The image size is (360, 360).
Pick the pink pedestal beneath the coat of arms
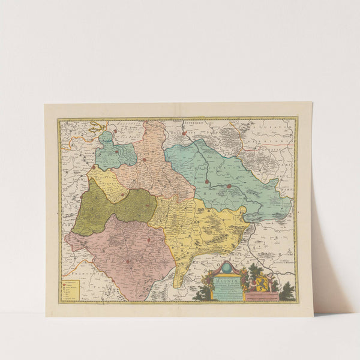coord(262,295)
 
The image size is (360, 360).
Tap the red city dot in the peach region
coord(144,160)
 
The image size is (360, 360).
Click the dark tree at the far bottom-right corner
coord(287,292)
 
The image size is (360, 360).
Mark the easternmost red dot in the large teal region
coord(229,185)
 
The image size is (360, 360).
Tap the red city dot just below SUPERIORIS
coord(184,133)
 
